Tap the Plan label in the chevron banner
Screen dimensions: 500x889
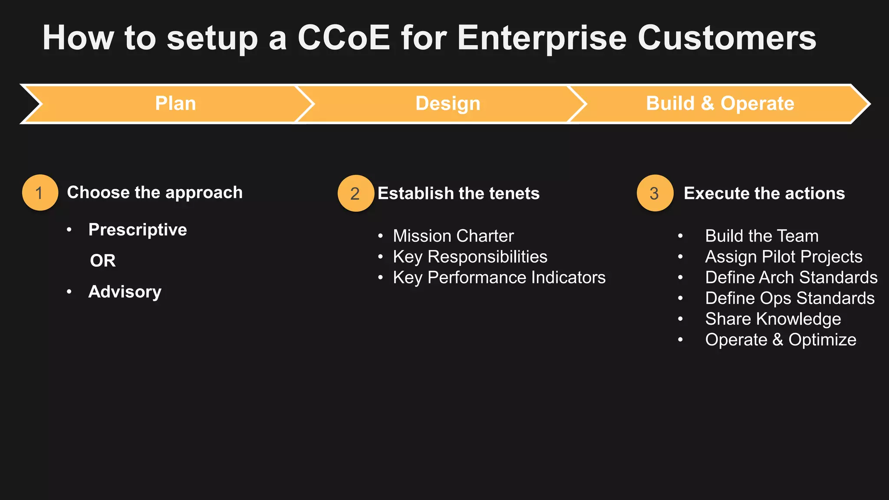tap(175, 104)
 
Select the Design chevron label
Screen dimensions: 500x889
tap(448, 104)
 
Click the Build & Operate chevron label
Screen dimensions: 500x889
tap(720, 104)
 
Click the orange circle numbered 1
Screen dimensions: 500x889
tap(40, 193)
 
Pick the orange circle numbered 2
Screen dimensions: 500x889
tap(356, 194)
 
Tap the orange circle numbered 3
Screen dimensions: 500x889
tap(655, 193)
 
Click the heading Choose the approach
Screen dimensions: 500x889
tap(155, 193)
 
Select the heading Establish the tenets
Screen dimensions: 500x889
tap(458, 194)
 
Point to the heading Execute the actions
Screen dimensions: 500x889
tap(764, 194)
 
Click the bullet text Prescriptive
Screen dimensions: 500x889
tap(138, 230)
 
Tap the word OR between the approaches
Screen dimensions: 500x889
tap(103, 261)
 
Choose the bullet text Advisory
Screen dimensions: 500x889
tap(125, 292)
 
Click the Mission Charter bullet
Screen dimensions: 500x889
tap(453, 236)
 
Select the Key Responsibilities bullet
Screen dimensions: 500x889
tap(470, 257)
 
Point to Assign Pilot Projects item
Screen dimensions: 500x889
tap(784, 257)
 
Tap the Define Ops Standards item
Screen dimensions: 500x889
tap(790, 299)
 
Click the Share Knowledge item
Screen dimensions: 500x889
tap(773, 319)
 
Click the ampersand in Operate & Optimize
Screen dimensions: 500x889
tap(777, 340)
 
